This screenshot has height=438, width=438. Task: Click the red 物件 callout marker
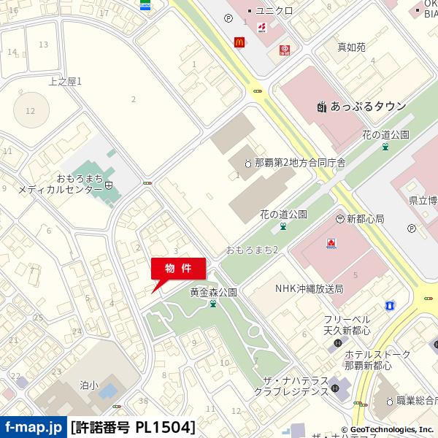[x=178, y=269]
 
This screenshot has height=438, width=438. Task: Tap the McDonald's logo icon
[x=238, y=43]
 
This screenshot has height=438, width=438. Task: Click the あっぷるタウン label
[x=367, y=107]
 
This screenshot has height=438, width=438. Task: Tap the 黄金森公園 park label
[x=213, y=292]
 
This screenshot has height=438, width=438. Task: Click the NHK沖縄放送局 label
[x=309, y=289]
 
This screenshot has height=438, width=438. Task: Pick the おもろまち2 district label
[x=253, y=250]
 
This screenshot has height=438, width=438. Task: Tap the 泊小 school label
[x=89, y=385]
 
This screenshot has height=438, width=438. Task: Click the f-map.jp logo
[x=34, y=426]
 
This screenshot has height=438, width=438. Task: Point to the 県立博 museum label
[x=423, y=199]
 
